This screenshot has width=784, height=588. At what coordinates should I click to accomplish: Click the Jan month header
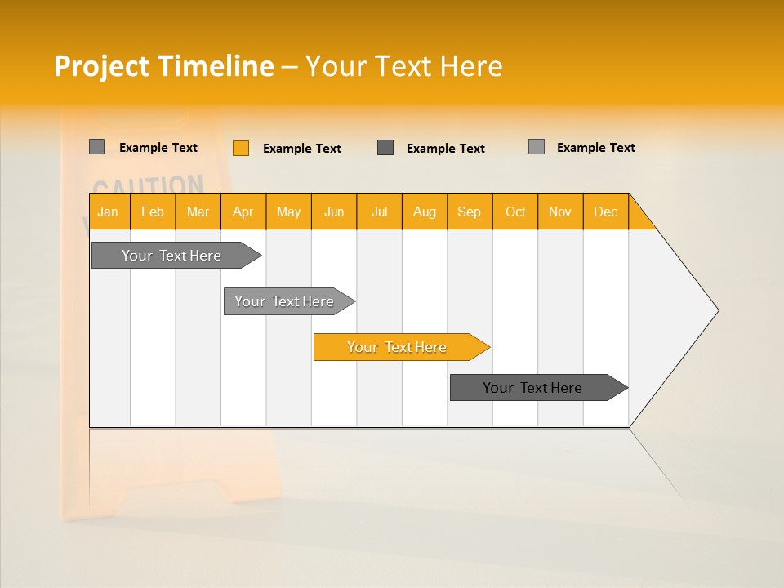pyautogui.click(x=108, y=212)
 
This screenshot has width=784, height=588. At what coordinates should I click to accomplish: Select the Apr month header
pyautogui.click(x=243, y=212)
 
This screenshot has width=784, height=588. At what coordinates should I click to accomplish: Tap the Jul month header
pyautogui.click(x=379, y=212)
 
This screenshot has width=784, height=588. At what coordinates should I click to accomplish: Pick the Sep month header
pyautogui.click(x=469, y=212)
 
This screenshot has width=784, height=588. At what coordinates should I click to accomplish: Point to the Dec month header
pyautogui.click(x=605, y=212)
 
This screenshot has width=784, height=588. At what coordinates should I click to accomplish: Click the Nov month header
pyautogui.click(x=559, y=212)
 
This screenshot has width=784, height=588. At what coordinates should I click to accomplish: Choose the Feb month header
pyautogui.click(x=153, y=212)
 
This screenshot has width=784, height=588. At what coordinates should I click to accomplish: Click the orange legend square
pyautogui.click(x=240, y=148)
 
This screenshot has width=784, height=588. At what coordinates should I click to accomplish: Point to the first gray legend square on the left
pyautogui.click(x=96, y=147)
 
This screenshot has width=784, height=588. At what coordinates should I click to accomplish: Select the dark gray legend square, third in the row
pyautogui.click(x=385, y=148)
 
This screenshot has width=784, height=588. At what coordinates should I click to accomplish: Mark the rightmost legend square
pyautogui.click(x=536, y=147)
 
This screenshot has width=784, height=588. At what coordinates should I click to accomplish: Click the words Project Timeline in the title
pyautogui.click(x=163, y=66)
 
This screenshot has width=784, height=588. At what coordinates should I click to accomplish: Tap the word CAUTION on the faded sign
pyautogui.click(x=147, y=185)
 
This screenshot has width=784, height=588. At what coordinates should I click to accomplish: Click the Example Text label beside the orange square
pyautogui.click(x=301, y=149)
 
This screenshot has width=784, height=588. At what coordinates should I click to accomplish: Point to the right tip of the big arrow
pyautogui.click(x=717, y=310)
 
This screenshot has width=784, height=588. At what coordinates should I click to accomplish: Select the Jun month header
pyautogui.click(x=334, y=212)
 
